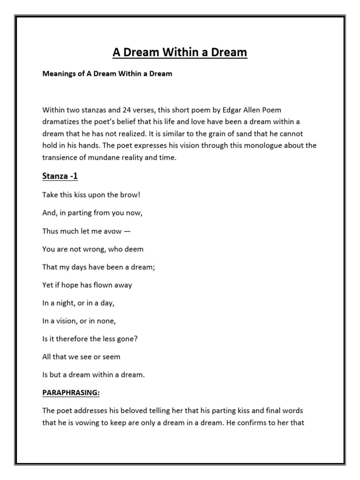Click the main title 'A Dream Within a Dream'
click(x=180, y=52)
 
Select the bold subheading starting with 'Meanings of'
click(x=107, y=74)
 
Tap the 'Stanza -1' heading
click(x=60, y=177)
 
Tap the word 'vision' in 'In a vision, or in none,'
click(x=68, y=321)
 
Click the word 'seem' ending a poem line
click(x=111, y=357)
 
